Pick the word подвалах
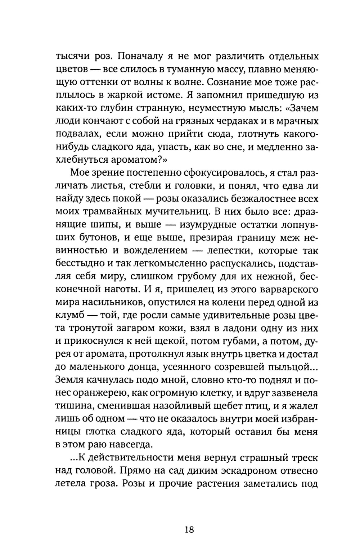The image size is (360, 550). pos(75,134)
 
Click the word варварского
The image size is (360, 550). pos(282,289)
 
